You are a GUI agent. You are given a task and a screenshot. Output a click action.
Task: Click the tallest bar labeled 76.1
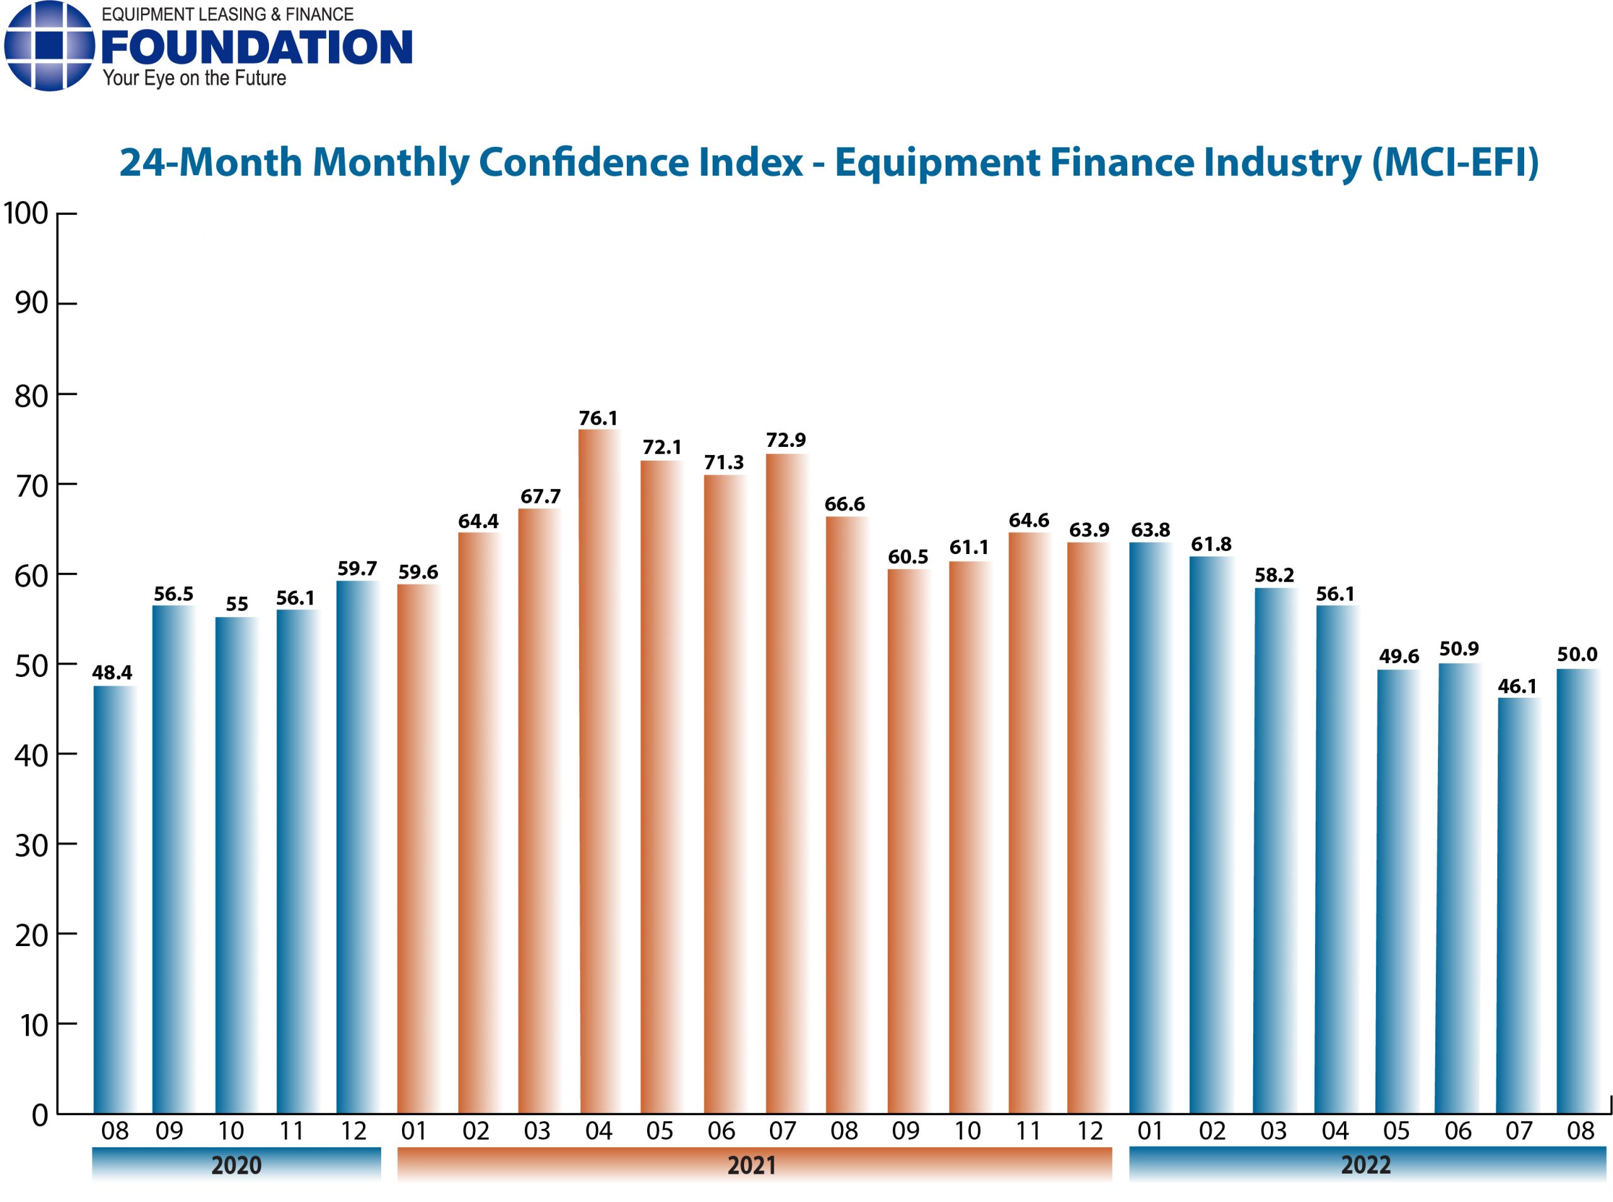(598, 771)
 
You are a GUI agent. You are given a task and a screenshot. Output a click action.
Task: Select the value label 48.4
(112, 673)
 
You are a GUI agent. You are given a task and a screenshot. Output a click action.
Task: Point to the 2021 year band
(754, 1165)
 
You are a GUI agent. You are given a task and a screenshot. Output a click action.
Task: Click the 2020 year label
(236, 1165)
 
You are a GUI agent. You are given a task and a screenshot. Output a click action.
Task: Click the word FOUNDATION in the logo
(256, 48)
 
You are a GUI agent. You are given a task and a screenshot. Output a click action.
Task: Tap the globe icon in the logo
(49, 46)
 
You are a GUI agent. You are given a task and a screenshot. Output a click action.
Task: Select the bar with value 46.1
(1517, 905)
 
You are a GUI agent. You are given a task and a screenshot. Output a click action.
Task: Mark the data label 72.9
(786, 440)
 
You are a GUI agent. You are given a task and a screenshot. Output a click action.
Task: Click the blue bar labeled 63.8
(1150, 828)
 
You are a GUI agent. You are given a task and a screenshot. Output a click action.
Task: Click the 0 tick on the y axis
(40, 1114)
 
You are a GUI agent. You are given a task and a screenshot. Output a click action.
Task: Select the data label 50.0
(1576, 654)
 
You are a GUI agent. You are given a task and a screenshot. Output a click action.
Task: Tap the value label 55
(236, 604)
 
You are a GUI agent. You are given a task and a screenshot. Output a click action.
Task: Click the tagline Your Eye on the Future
(194, 79)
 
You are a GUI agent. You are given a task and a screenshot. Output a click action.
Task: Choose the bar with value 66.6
(845, 815)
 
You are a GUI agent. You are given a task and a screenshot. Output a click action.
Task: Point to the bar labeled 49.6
(1397, 891)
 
